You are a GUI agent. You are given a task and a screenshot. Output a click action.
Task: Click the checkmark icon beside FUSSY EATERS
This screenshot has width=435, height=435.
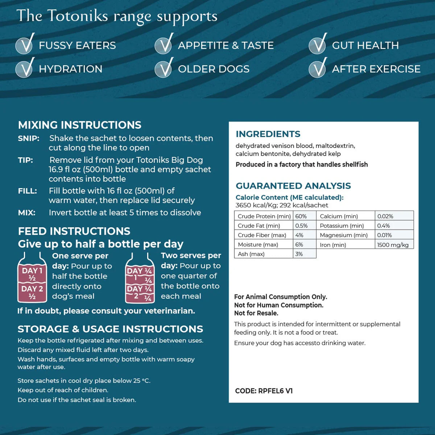(x=25, y=45)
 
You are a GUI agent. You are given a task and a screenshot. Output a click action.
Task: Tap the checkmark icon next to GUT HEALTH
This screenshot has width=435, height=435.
(x=318, y=45)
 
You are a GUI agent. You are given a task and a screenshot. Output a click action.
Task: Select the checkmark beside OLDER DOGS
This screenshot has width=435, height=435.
(x=164, y=68)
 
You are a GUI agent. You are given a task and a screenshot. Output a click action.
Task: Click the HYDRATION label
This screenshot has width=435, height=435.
(x=70, y=69)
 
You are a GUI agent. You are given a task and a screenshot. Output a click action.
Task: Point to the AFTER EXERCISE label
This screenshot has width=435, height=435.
(x=376, y=69)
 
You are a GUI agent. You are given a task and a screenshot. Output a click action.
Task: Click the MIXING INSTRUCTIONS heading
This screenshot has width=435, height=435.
(x=80, y=125)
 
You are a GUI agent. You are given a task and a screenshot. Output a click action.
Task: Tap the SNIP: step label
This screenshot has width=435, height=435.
(x=29, y=138)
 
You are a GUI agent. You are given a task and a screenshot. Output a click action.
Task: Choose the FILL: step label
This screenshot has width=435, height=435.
(x=28, y=191)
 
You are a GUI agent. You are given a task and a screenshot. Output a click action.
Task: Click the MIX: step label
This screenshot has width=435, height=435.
(x=27, y=213)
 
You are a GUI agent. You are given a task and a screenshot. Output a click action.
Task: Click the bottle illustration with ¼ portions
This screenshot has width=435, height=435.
(x=140, y=279)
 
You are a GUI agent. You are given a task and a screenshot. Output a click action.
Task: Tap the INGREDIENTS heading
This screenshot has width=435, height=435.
(x=268, y=134)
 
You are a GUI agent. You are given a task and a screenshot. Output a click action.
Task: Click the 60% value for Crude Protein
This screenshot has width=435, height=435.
(x=301, y=216)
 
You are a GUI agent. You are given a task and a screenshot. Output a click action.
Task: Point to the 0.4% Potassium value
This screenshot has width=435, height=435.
(x=384, y=226)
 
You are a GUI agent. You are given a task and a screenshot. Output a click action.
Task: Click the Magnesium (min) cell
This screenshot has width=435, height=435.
(x=343, y=235)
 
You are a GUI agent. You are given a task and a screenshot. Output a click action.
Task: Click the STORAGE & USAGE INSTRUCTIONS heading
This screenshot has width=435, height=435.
(x=110, y=329)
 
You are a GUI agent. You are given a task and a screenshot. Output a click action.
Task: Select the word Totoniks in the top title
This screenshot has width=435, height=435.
(x=78, y=16)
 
